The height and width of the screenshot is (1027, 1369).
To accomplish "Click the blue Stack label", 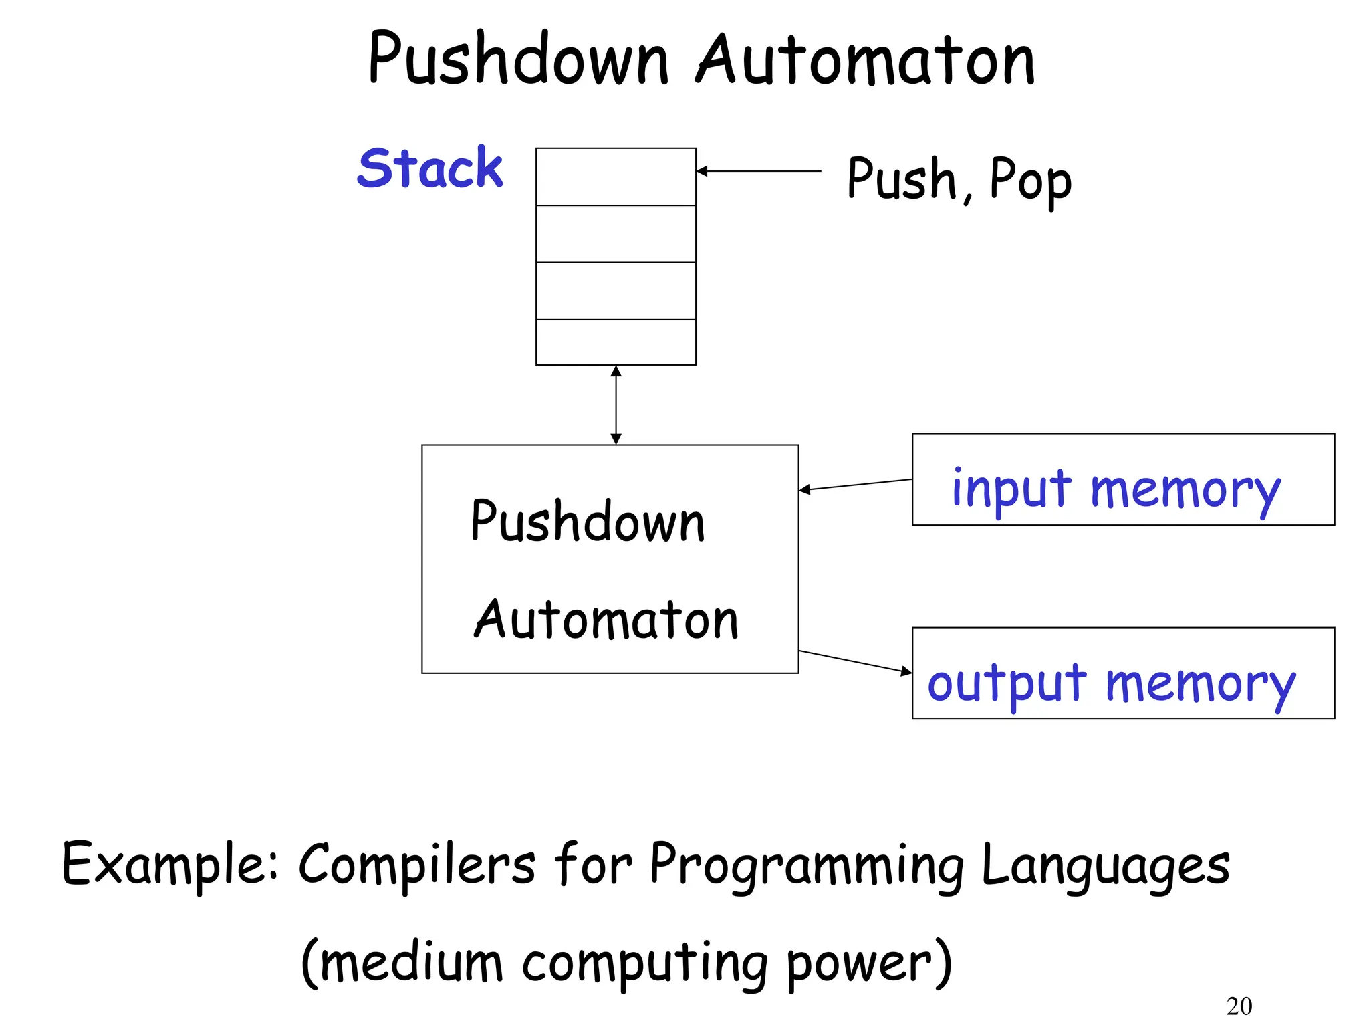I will click(430, 168).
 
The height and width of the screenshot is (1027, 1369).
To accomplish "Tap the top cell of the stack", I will click(616, 177).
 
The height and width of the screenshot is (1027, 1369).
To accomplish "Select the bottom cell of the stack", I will click(616, 342).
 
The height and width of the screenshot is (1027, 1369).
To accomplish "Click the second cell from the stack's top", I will click(616, 234).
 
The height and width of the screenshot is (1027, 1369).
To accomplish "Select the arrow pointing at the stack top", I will click(758, 172).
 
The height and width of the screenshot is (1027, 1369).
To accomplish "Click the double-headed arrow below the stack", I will click(616, 405).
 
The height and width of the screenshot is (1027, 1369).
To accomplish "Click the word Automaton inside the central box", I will click(606, 620).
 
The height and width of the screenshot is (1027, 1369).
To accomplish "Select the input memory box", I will click(1123, 479).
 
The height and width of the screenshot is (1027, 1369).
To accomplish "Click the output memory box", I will click(1123, 673).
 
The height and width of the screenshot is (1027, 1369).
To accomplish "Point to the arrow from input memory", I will click(856, 485).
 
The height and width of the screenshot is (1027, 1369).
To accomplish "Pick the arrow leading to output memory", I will click(856, 661).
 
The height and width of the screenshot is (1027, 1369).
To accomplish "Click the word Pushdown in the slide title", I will click(518, 60).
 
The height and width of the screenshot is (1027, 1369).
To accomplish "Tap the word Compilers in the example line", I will click(416, 865).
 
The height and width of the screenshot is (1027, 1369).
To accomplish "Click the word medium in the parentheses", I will click(412, 963).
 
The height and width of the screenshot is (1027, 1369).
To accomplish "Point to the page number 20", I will click(1239, 1006).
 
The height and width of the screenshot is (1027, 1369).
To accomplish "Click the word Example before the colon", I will click(167, 865).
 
